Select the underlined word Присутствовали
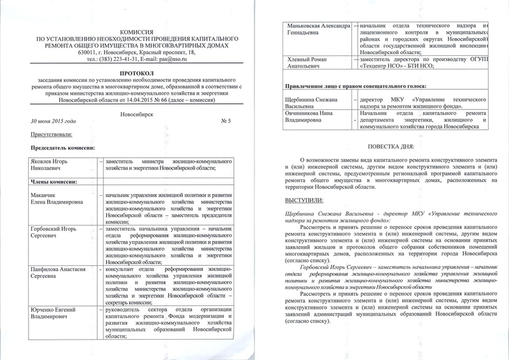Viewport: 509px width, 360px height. [x=52, y=135]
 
